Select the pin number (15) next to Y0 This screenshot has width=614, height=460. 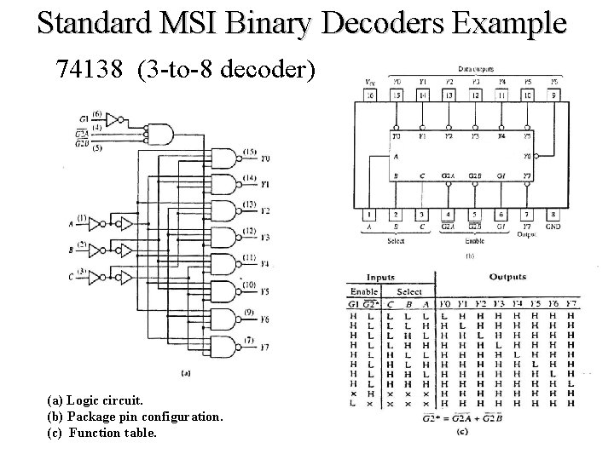click(x=249, y=152)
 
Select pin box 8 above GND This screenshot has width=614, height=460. click(x=553, y=214)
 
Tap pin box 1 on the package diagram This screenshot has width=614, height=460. click(x=370, y=214)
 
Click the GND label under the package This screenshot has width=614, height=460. click(x=553, y=227)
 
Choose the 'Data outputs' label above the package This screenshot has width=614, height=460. click(x=475, y=69)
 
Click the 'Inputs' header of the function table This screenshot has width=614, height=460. click(x=381, y=278)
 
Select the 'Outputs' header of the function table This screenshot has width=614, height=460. click(x=507, y=277)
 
